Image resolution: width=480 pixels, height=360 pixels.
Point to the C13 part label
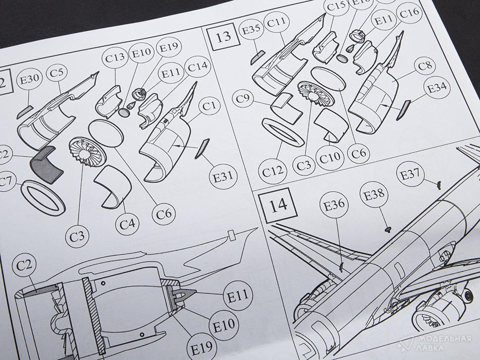tap(115, 58)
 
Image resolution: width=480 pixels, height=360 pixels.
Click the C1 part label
tap(210, 106)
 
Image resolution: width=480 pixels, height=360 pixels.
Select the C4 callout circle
tap(128, 223)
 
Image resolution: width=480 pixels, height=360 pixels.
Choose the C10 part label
tap(330, 159)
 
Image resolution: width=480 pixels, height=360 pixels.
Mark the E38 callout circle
tap(375, 194)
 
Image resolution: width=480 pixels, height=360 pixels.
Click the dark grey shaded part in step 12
tap(47, 164)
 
